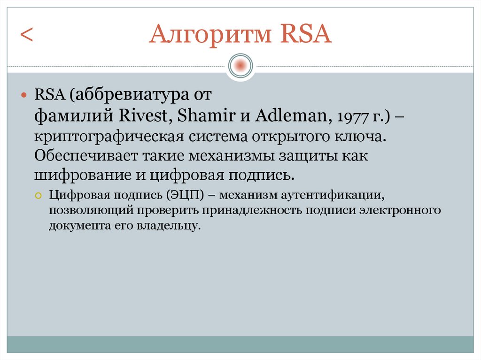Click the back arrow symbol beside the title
(26, 36)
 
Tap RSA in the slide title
(305, 36)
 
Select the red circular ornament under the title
(240, 65)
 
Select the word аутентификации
(340, 195)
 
